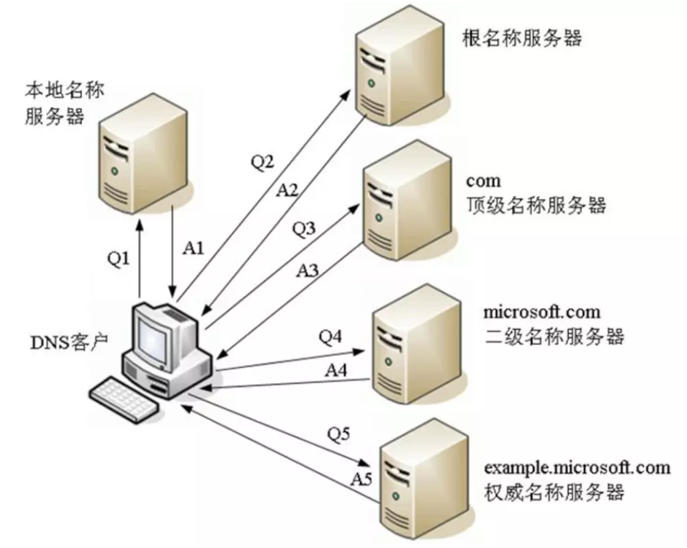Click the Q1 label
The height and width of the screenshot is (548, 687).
click(119, 259)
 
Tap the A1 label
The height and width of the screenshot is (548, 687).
click(194, 248)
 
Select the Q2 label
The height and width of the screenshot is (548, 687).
click(262, 162)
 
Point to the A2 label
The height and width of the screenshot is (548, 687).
click(287, 189)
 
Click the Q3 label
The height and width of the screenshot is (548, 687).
click(304, 228)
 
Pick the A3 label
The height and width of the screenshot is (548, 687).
click(307, 270)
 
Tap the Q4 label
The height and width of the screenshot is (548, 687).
click(331, 336)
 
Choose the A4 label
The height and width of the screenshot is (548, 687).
click(336, 370)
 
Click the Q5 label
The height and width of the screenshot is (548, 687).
click(338, 434)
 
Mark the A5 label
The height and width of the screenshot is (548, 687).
click(362, 479)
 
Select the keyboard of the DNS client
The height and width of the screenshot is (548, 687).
click(125, 400)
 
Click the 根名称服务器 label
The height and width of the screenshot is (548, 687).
click(522, 39)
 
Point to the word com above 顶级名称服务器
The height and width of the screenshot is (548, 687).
click(483, 181)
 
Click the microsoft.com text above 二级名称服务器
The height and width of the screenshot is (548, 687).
click(542, 312)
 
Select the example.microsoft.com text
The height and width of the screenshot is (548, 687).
click(577, 467)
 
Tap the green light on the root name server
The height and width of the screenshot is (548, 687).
click(372, 82)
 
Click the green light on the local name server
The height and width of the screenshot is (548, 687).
click(114, 171)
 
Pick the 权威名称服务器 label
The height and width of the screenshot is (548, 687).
click(554, 492)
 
